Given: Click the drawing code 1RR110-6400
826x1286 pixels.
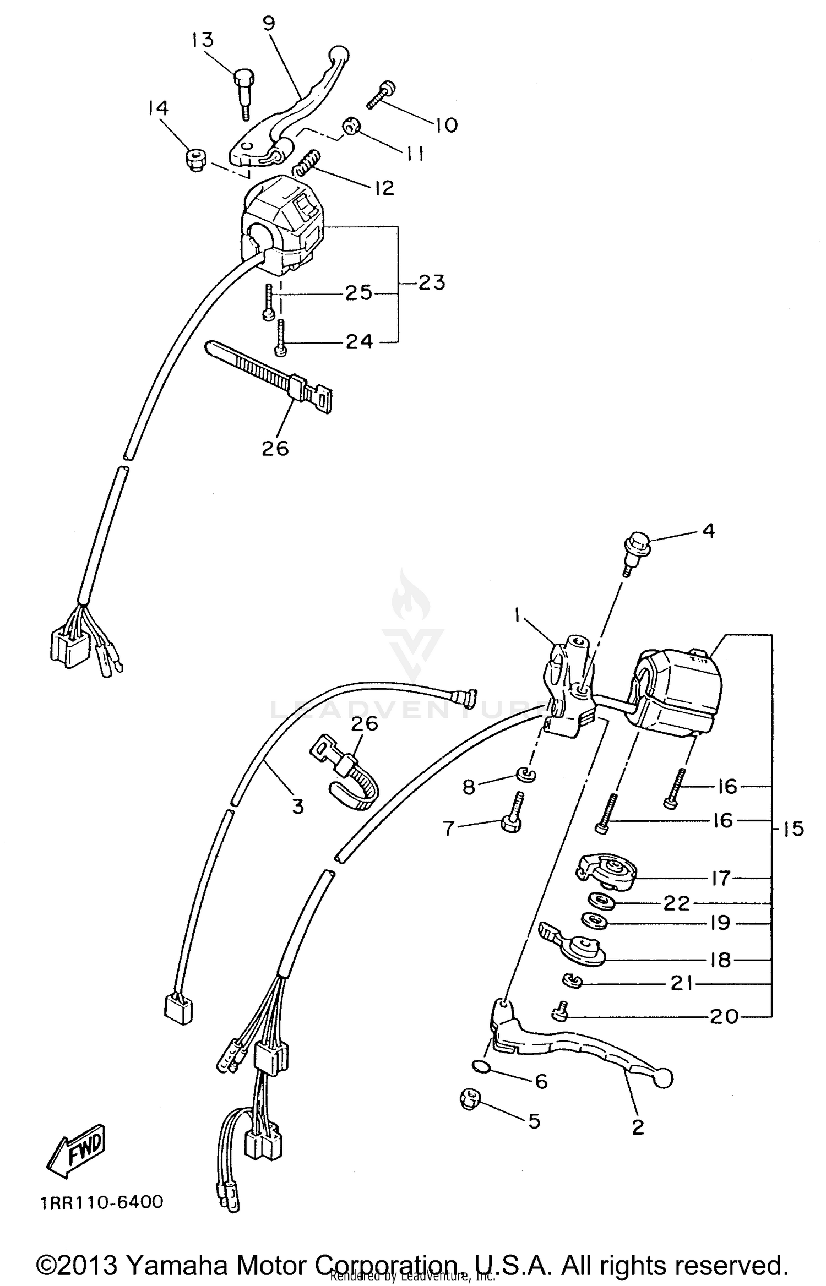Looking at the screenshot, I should click(x=102, y=1202).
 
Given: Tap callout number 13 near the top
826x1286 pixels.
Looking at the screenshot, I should click(x=203, y=40).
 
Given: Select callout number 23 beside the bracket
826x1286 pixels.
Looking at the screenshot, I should click(x=431, y=282).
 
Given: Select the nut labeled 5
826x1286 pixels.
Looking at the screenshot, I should click(x=470, y=1100).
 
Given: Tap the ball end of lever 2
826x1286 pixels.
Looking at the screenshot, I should click(x=664, y=1079).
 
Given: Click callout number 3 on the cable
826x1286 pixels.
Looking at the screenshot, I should click(x=297, y=807).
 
